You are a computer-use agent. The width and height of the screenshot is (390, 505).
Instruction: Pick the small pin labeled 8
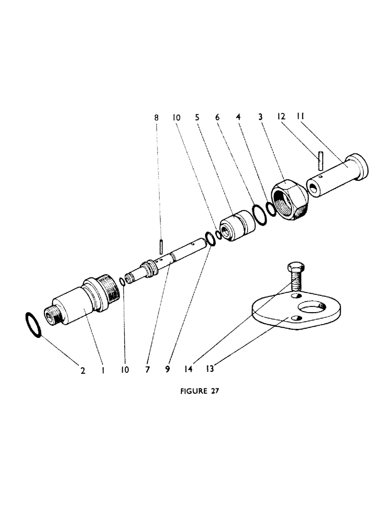[x=160, y=246]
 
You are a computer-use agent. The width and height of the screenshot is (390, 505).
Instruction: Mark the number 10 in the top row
[x=176, y=117]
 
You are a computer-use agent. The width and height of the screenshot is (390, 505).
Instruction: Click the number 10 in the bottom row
[x=125, y=370]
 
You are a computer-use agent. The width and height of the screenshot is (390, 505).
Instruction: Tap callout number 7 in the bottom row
[x=147, y=370]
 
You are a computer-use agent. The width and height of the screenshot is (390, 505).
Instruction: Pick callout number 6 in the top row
[x=217, y=117]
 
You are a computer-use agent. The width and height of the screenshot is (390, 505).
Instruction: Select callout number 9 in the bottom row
[x=167, y=370]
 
